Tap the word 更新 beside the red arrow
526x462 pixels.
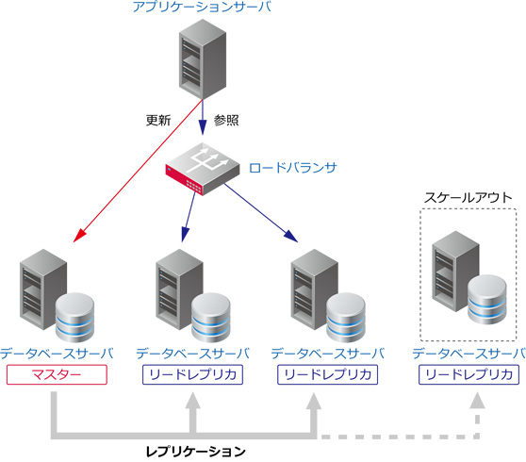157,121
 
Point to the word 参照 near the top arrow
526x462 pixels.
226,121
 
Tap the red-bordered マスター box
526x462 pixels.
57,375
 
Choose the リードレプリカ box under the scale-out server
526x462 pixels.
468,375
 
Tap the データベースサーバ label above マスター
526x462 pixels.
57,355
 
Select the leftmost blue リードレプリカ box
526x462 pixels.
192,375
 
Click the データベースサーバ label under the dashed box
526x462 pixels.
468,355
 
